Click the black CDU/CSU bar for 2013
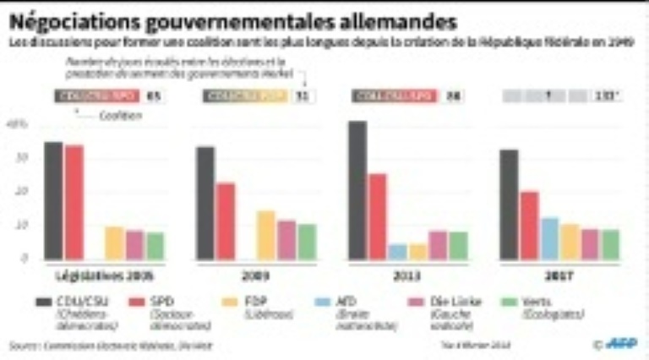click(x=357, y=190)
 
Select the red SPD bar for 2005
click(x=74, y=203)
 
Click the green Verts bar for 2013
click(x=459, y=245)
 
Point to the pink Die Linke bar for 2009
click(x=286, y=240)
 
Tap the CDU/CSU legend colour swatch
click(x=44, y=302)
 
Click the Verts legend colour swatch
click(x=509, y=302)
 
